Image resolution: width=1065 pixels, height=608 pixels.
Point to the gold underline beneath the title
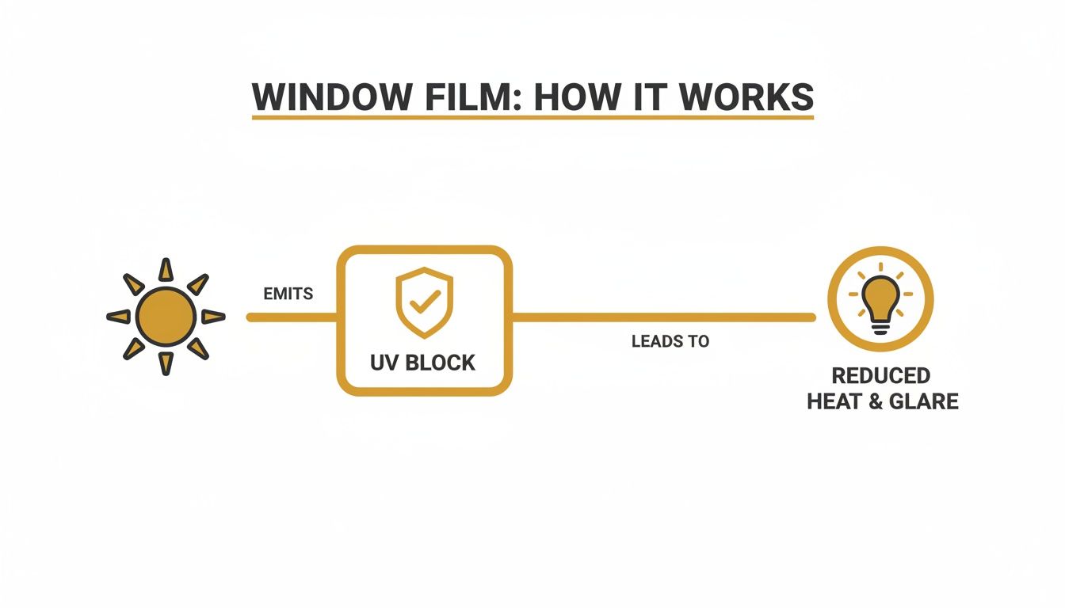(x=532, y=118)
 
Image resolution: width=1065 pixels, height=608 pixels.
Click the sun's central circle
(x=166, y=317)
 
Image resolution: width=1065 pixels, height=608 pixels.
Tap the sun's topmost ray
(x=166, y=270)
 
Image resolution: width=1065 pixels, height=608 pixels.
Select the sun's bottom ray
(x=166, y=363)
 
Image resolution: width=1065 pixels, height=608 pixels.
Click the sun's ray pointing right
(x=212, y=317)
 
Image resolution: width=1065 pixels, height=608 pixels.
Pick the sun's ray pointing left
(x=119, y=317)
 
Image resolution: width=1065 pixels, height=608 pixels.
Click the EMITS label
(x=288, y=294)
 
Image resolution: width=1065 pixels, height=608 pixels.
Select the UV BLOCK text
(x=423, y=363)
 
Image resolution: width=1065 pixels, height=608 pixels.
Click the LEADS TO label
(x=670, y=342)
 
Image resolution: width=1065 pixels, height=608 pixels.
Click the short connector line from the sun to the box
(x=292, y=317)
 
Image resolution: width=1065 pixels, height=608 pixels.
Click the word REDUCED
(x=880, y=375)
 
